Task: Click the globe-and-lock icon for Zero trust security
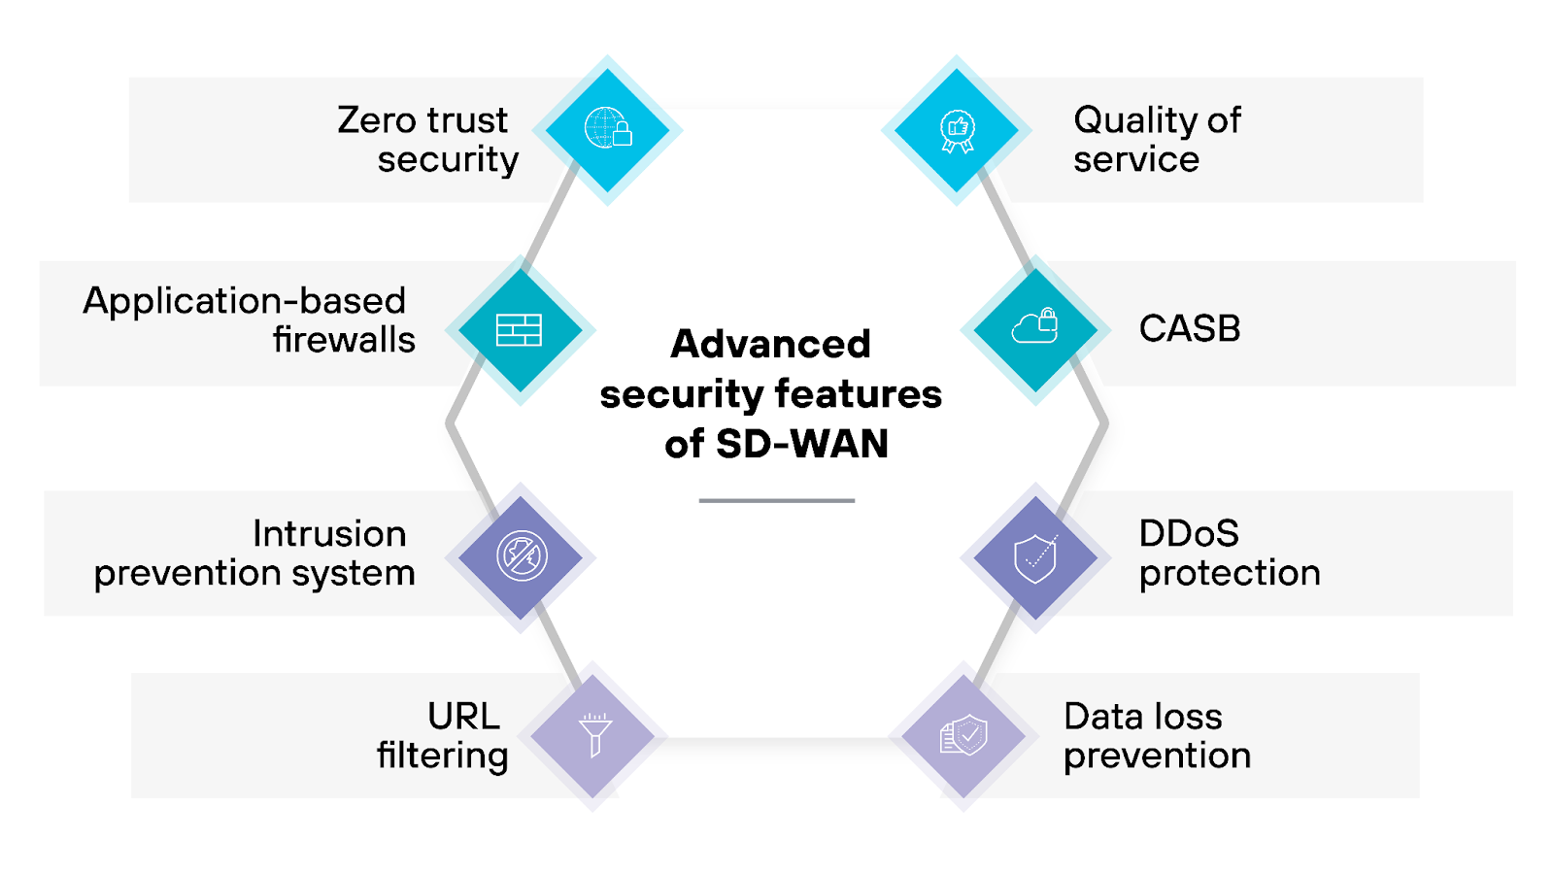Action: tap(608, 129)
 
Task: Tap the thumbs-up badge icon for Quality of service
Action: tap(958, 130)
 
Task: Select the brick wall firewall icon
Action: tap(520, 330)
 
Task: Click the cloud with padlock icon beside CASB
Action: tap(1035, 327)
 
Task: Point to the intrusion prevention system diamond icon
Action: tap(522, 556)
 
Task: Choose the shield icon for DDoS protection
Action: tap(1035, 557)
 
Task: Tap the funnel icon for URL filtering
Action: tap(594, 734)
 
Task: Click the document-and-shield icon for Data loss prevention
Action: tap(963, 735)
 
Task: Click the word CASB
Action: tap(1189, 328)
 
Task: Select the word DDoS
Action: tap(1188, 533)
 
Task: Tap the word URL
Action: tap(463, 717)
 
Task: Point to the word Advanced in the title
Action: tap(770, 344)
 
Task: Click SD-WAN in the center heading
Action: tap(801, 444)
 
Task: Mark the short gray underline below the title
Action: tap(776, 500)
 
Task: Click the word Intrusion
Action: tap(329, 533)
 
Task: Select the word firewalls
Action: tap(344, 340)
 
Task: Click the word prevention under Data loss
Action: tap(1157, 756)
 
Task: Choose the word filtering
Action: tap(442, 756)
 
